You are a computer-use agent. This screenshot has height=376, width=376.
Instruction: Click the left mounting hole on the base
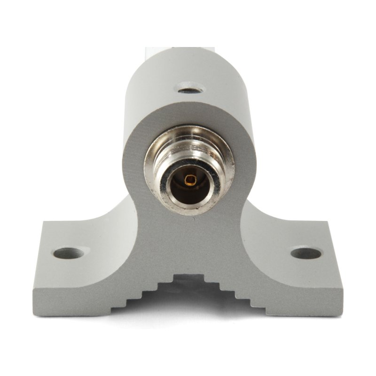(69, 253)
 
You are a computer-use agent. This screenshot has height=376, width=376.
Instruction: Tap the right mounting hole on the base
(306, 253)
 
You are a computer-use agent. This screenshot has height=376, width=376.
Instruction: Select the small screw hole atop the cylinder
(189, 88)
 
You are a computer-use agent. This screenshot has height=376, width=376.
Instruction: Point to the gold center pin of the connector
(190, 179)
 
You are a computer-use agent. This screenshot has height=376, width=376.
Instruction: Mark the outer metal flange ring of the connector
(152, 155)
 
